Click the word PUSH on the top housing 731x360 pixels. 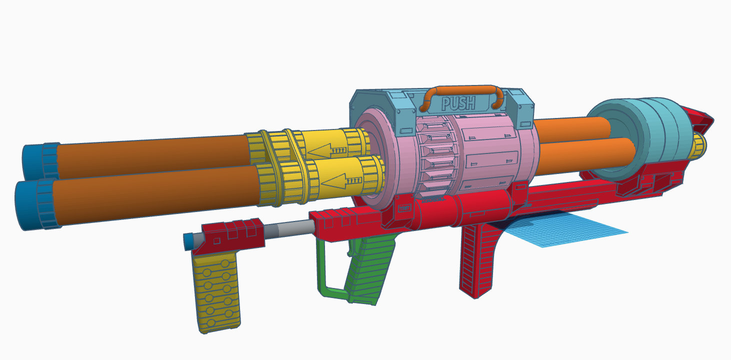click(x=458, y=104)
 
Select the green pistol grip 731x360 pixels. click(x=370, y=270)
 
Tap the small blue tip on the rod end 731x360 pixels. click(x=189, y=241)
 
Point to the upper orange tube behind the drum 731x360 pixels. click(x=570, y=127)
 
